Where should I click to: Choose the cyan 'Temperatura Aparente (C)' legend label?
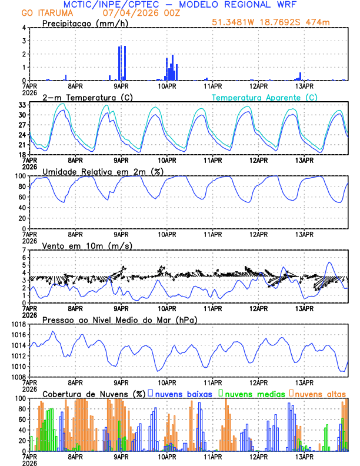pyautogui.click(x=265, y=97)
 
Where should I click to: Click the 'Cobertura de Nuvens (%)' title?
pyautogui.click(x=94, y=394)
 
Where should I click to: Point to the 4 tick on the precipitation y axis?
pyautogui.click(x=24, y=28)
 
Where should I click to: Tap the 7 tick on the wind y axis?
pyautogui.click(x=24, y=250)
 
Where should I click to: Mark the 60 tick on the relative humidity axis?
pyautogui.click(x=20, y=197)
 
